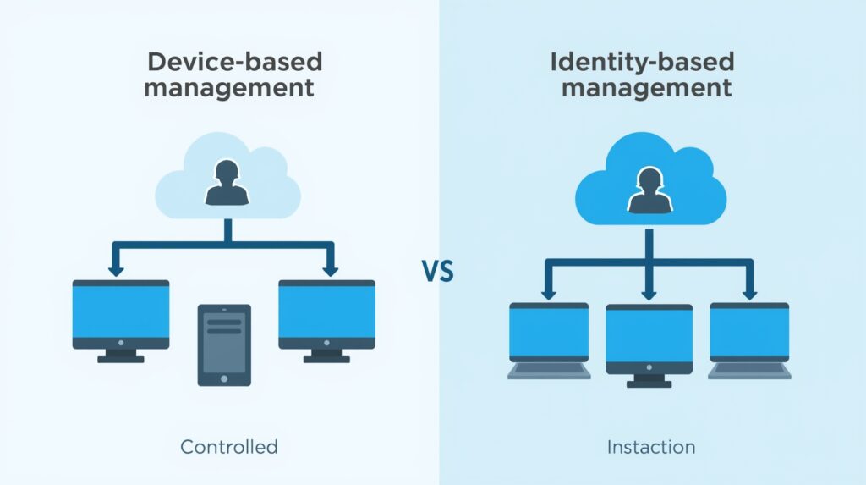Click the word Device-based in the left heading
(x=235, y=62)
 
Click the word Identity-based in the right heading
(x=641, y=62)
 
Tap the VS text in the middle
(x=437, y=273)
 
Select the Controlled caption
(x=229, y=446)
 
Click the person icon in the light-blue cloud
(x=227, y=184)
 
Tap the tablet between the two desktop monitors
(x=224, y=344)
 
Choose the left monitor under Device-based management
(x=120, y=314)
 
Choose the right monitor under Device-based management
(x=326, y=314)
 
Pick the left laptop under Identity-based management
(x=549, y=333)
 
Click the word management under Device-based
(x=229, y=87)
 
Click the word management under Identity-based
(x=646, y=87)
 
